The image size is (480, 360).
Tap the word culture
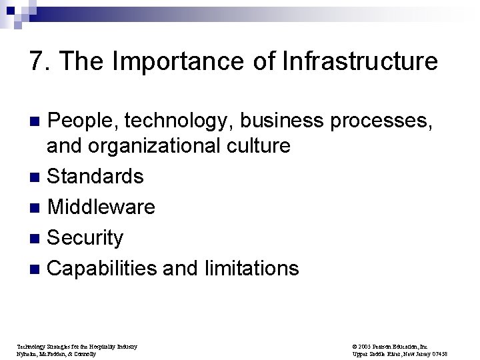click(257, 145)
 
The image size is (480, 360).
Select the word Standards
click(95, 176)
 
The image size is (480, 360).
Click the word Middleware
click(101, 207)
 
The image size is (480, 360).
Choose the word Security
click(86, 238)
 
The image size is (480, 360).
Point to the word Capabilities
click(103, 269)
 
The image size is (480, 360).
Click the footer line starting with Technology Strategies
click(76, 346)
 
